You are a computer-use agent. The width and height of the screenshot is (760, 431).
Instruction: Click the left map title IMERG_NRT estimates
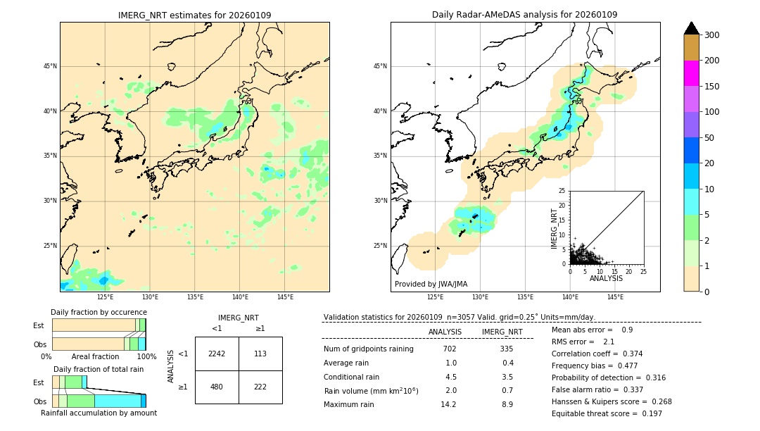(x=194, y=15)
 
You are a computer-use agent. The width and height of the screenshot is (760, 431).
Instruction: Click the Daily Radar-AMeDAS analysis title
(x=524, y=15)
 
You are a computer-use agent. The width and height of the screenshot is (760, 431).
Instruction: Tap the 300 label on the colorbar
(x=711, y=35)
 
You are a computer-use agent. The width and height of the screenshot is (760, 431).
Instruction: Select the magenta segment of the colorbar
(x=692, y=73)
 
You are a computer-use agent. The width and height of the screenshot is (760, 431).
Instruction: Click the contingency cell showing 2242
(x=217, y=354)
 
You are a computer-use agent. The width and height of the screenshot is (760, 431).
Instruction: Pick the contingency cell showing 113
(x=260, y=354)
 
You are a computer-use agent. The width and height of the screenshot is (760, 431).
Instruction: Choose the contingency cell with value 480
(x=217, y=387)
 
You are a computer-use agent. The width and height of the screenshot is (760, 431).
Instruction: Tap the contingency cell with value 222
(x=260, y=387)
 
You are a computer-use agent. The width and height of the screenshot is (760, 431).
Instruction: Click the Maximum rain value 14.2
(x=448, y=404)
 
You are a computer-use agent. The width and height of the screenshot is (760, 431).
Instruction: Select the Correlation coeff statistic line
(x=597, y=354)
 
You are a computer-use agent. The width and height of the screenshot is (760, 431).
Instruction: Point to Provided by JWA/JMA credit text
(x=431, y=285)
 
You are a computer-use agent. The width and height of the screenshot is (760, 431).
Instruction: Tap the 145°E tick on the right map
(x=615, y=297)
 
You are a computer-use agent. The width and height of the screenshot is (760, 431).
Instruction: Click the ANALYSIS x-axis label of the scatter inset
(x=606, y=278)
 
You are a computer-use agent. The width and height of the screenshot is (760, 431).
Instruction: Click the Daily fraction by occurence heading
(x=99, y=312)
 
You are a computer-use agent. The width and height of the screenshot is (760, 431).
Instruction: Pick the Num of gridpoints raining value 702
(x=450, y=349)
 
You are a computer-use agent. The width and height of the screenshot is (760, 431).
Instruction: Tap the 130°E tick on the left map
(x=150, y=297)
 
